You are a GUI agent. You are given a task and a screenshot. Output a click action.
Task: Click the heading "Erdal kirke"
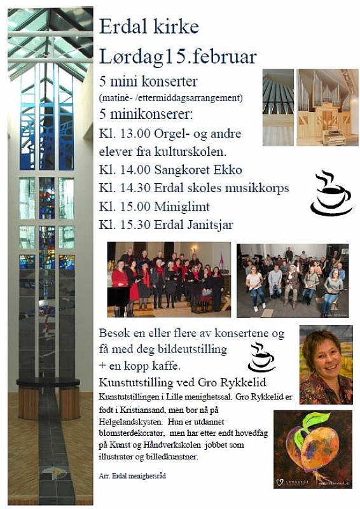click(149, 27)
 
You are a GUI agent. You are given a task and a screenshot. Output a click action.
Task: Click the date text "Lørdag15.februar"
click(177, 56)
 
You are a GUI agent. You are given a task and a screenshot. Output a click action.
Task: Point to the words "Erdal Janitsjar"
click(199, 224)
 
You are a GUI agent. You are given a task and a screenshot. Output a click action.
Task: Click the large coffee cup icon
click(330, 193)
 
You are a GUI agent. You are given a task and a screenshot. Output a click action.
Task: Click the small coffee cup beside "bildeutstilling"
click(261, 357)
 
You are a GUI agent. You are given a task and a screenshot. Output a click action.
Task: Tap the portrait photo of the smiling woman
click(326, 364)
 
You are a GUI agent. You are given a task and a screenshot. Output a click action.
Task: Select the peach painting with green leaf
click(312, 449)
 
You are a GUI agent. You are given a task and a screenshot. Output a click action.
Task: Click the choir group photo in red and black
click(169, 279)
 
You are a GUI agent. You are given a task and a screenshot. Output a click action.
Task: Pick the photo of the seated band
click(293, 280)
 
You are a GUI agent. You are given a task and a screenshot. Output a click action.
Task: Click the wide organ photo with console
click(327, 107)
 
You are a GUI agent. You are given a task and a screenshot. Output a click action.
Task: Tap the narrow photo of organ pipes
click(278, 107)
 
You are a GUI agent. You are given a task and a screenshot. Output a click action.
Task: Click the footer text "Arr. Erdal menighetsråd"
click(132, 475)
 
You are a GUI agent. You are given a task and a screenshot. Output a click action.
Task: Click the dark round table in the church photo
click(48, 382)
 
